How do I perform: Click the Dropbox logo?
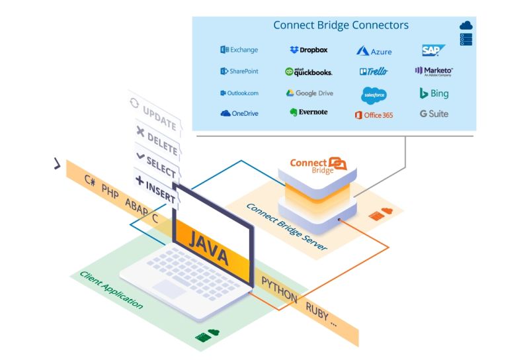(308, 50)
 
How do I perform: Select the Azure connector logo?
(374, 51)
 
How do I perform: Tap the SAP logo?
(433, 50)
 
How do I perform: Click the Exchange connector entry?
(239, 50)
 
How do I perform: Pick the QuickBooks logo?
(308, 71)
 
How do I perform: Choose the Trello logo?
(374, 71)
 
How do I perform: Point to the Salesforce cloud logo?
(374, 95)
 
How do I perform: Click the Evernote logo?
(308, 112)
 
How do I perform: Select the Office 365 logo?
(374, 115)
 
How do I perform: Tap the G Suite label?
(434, 114)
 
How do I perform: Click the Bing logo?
(434, 93)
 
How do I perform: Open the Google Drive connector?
(309, 93)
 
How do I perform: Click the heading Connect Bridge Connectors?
(341, 26)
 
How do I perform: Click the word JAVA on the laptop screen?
(210, 247)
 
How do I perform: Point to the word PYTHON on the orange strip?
(279, 289)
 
